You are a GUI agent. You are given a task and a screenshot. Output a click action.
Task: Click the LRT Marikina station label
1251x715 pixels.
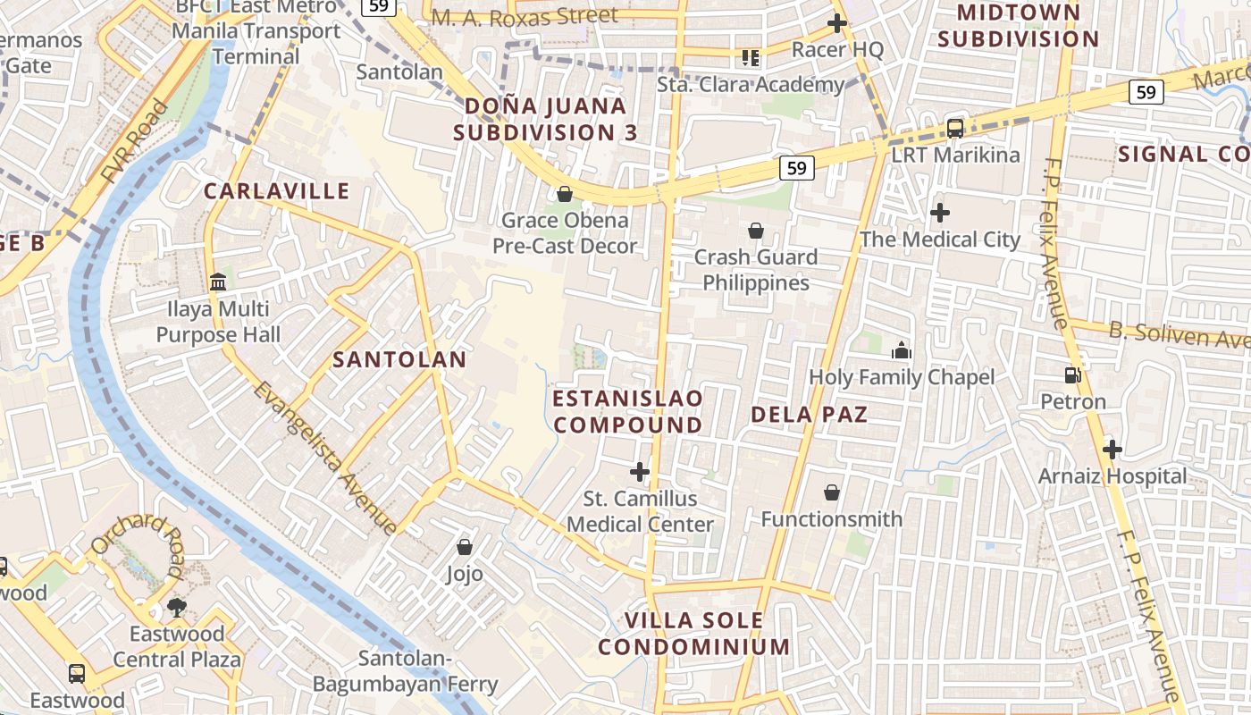point(955,155)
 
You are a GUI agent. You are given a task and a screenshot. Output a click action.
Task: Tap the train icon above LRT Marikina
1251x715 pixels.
point(955,128)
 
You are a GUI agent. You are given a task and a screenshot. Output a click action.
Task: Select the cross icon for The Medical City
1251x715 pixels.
point(939,213)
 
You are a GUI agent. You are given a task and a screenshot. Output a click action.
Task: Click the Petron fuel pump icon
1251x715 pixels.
point(1072,375)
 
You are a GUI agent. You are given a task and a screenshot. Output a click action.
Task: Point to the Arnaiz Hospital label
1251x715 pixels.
point(1112,475)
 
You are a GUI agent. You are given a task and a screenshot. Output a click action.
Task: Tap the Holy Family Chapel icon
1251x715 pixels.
point(901,350)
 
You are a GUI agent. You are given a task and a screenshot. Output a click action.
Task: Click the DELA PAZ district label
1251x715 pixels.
point(809,414)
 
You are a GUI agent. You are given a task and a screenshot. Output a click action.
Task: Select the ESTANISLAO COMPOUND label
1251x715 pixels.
point(628,411)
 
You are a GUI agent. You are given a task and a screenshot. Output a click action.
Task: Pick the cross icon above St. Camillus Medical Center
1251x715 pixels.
point(640,471)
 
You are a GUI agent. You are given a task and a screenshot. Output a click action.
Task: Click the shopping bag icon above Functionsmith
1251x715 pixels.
point(832,492)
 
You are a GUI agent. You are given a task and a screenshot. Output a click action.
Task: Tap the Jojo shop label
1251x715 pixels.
point(465,574)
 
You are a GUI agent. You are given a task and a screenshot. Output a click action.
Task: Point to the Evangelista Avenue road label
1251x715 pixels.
point(325,457)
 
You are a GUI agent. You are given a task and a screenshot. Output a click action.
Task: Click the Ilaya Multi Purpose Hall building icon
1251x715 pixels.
point(218,282)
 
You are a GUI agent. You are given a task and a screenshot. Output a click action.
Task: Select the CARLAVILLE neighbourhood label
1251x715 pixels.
point(276,190)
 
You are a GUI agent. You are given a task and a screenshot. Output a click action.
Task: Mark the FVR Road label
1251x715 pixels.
point(134,143)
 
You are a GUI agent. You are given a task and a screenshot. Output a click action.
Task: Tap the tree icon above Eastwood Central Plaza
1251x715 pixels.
point(177,608)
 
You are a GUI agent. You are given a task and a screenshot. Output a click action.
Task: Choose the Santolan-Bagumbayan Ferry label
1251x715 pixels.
point(405,672)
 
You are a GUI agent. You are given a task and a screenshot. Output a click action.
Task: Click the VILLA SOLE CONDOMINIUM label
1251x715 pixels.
point(694,633)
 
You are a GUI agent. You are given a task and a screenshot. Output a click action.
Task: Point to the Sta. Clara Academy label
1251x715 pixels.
point(751,85)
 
